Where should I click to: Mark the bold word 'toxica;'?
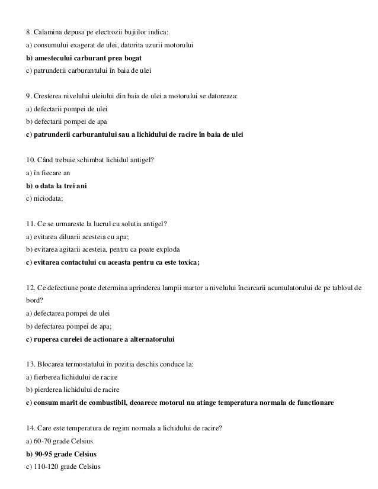coord(188,263)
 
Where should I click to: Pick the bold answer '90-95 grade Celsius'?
coord(66,454)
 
